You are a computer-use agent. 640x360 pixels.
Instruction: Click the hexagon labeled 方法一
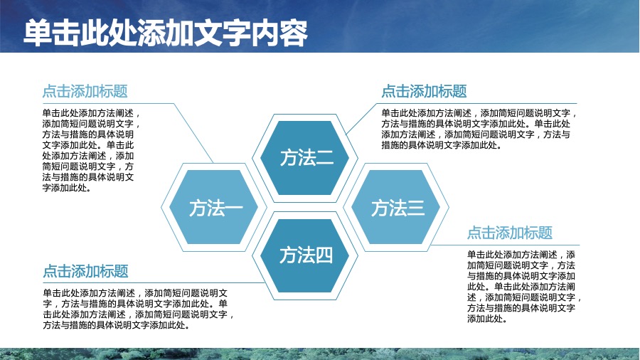click(214, 207)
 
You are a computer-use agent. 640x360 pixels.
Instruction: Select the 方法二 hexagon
click(305, 158)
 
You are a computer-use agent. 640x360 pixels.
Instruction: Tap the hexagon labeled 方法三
click(396, 207)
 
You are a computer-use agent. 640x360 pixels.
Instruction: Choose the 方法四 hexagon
click(305, 256)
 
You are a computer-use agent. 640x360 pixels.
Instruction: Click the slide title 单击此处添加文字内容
click(166, 33)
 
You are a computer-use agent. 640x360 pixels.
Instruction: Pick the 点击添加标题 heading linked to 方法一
click(85, 91)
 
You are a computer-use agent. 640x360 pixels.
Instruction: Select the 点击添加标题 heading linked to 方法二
click(424, 91)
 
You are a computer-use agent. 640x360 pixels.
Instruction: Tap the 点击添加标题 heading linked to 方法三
click(510, 233)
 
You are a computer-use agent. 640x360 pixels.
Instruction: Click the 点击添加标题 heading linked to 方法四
click(86, 271)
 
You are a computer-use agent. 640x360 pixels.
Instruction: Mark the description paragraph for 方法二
click(479, 129)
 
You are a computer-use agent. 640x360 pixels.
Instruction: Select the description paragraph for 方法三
click(524, 287)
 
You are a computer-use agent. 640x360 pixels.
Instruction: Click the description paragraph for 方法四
click(139, 309)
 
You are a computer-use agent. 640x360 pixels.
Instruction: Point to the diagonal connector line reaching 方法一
click(193, 133)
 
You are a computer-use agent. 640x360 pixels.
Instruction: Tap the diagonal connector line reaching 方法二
click(361, 120)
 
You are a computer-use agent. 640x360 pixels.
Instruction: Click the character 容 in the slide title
click(294, 33)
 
